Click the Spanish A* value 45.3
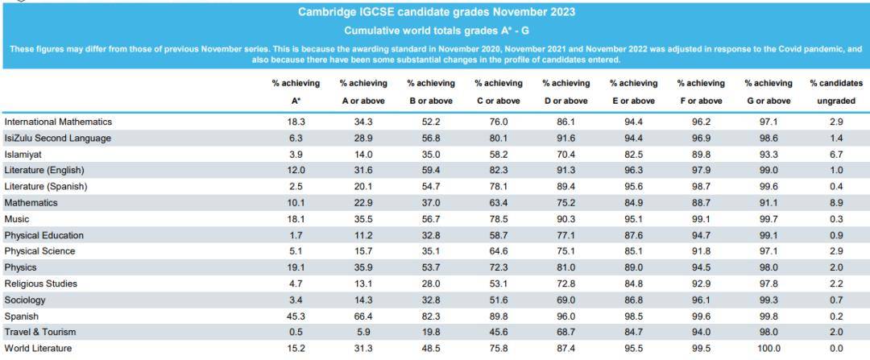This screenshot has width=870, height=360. click(x=296, y=317)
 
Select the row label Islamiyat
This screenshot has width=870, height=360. click(x=23, y=154)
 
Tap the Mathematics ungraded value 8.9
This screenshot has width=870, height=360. click(x=836, y=202)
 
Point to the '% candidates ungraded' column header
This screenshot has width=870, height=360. click(x=836, y=92)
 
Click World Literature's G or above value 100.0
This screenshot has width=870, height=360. click(x=768, y=349)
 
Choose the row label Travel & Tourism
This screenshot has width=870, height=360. click(x=40, y=332)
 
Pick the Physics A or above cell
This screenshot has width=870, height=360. click(x=363, y=267)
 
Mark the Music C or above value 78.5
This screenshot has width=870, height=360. click(x=499, y=219)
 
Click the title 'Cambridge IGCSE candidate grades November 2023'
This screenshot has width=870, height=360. click(x=435, y=11)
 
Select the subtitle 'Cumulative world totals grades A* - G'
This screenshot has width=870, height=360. click(x=435, y=30)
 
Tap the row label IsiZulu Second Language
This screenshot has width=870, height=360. click(x=58, y=138)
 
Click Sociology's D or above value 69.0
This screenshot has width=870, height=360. click(x=566, y=300)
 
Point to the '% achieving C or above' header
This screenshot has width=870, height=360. click(x=499, y=92)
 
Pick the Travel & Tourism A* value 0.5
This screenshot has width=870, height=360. click(x=296, y=332)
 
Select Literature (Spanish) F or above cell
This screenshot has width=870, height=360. click(x=701, y=186)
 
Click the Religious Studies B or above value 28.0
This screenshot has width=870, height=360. click(x=430, y=283)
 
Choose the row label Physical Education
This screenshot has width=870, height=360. click(x=43, y=235)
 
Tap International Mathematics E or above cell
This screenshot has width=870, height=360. click(x=634, y=122)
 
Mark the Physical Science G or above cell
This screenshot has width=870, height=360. click(x=768, y=250)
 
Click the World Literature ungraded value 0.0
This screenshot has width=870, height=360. click(x=836, y=349)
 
